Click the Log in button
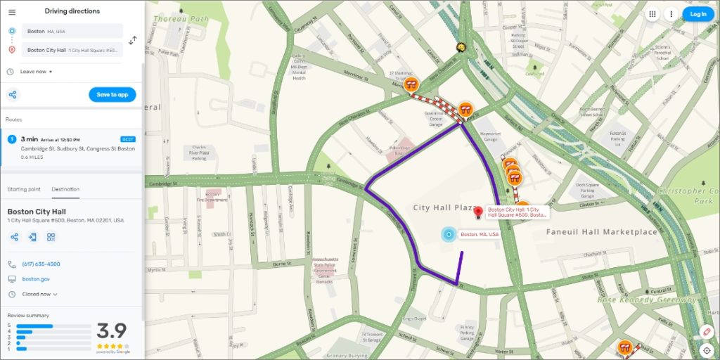[698, 14]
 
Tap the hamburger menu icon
[12, 12]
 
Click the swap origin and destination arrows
[133, 40]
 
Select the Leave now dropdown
[36, 72]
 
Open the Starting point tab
[24, 189]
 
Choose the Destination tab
[65, 189]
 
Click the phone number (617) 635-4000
[41, 264]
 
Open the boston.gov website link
[35, 279]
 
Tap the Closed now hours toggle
[39, 294]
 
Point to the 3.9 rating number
[111, 330]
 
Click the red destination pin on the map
[479, 212]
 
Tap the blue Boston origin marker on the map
[448, 234]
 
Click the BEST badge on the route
[127, 139]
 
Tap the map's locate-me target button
[707, 349]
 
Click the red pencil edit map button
[707, 331]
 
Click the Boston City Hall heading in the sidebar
[36, 212]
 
